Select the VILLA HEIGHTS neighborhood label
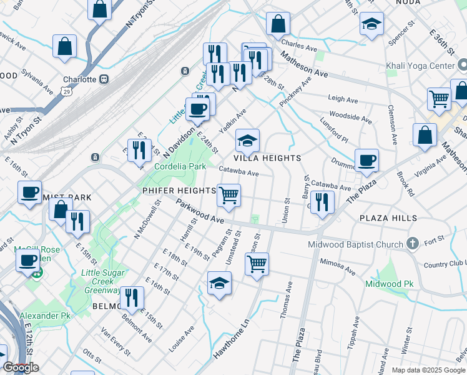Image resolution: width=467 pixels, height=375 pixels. click(268, 158)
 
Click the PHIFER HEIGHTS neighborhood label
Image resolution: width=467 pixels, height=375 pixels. click(179, 190)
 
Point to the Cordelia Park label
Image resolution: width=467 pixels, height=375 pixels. click(180, 167)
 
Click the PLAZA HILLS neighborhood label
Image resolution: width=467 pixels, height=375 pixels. click(388, 218)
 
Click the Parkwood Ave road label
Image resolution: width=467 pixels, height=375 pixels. click(200, 212)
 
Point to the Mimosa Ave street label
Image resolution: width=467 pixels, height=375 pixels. click(337, 267)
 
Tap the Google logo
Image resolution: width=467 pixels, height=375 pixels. click(21, 367)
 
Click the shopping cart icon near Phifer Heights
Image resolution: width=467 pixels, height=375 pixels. click(229, 195)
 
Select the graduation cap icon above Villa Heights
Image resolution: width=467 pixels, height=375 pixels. click(247, 142)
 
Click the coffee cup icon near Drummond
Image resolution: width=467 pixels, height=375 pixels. click(366, 160)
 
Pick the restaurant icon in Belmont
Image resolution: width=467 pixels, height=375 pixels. click(131, 297)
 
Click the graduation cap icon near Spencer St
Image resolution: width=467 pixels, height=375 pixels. click(372, 25)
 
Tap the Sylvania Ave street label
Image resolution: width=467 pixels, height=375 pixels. click(39, 82)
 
